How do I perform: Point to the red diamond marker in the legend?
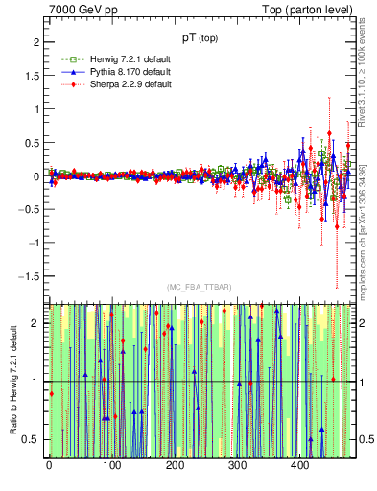(65, 84)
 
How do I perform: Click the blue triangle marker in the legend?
(65, 73)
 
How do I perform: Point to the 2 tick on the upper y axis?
(35, 43)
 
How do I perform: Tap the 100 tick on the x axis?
(111, 466)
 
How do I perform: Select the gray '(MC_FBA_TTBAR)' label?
(201, 288)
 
